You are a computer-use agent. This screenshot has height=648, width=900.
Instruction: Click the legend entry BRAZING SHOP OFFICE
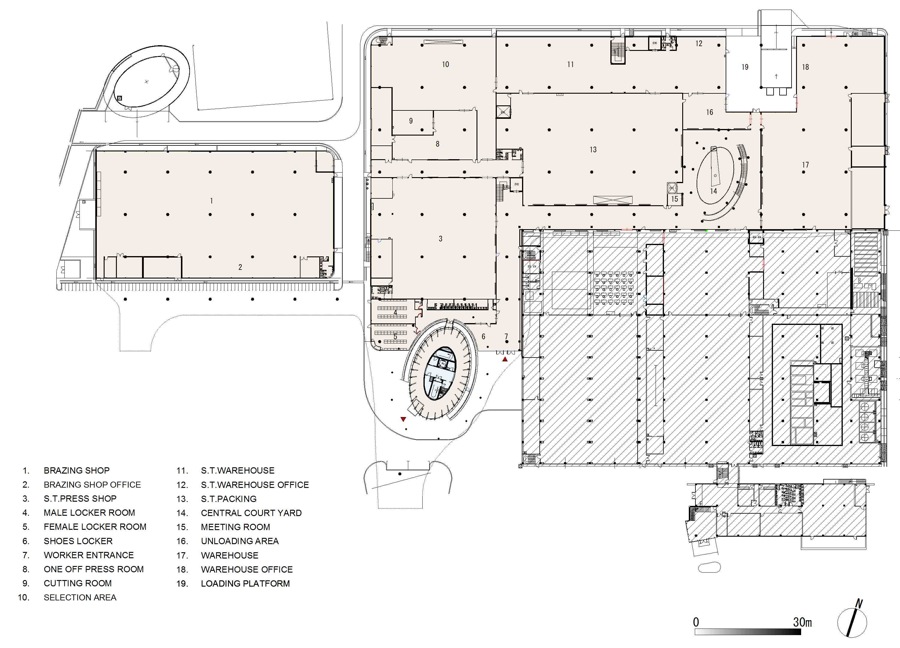tap(92, 484)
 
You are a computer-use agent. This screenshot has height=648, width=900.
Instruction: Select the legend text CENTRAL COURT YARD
tap(251, 513)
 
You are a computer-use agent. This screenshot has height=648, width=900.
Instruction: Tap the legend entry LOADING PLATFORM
tap(245, 583)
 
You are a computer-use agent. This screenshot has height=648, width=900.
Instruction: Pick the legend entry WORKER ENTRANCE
tap(88, 555)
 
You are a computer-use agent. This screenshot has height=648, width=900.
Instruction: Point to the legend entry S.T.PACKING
tap(228, 499)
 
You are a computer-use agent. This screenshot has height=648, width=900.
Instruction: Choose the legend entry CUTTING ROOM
tap(77, 583)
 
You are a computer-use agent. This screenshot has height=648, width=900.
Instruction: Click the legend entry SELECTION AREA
tap(80, 597)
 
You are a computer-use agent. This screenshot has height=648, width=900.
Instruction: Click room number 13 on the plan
tap(593, 149)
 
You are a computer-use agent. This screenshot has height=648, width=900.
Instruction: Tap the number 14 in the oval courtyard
tap(713, 191)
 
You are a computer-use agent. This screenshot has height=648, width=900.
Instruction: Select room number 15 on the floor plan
tap(675, 199)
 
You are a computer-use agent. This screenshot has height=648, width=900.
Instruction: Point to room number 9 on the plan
tap(411, 121)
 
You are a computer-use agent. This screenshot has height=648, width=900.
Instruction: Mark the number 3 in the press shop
tap(441, 239)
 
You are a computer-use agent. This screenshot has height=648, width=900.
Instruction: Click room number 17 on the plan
tap(805, 165)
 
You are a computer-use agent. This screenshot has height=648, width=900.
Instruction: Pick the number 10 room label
tap(445, 64)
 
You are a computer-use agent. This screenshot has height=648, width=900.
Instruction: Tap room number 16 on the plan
tap(709, 112)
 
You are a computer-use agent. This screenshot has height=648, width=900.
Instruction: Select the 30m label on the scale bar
tap(803, 622)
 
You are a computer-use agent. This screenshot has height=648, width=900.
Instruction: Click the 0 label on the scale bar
tap(696, 622)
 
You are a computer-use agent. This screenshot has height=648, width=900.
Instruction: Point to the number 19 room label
tap(745, 67)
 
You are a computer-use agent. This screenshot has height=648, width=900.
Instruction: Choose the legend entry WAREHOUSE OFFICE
tap(247, 569)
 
